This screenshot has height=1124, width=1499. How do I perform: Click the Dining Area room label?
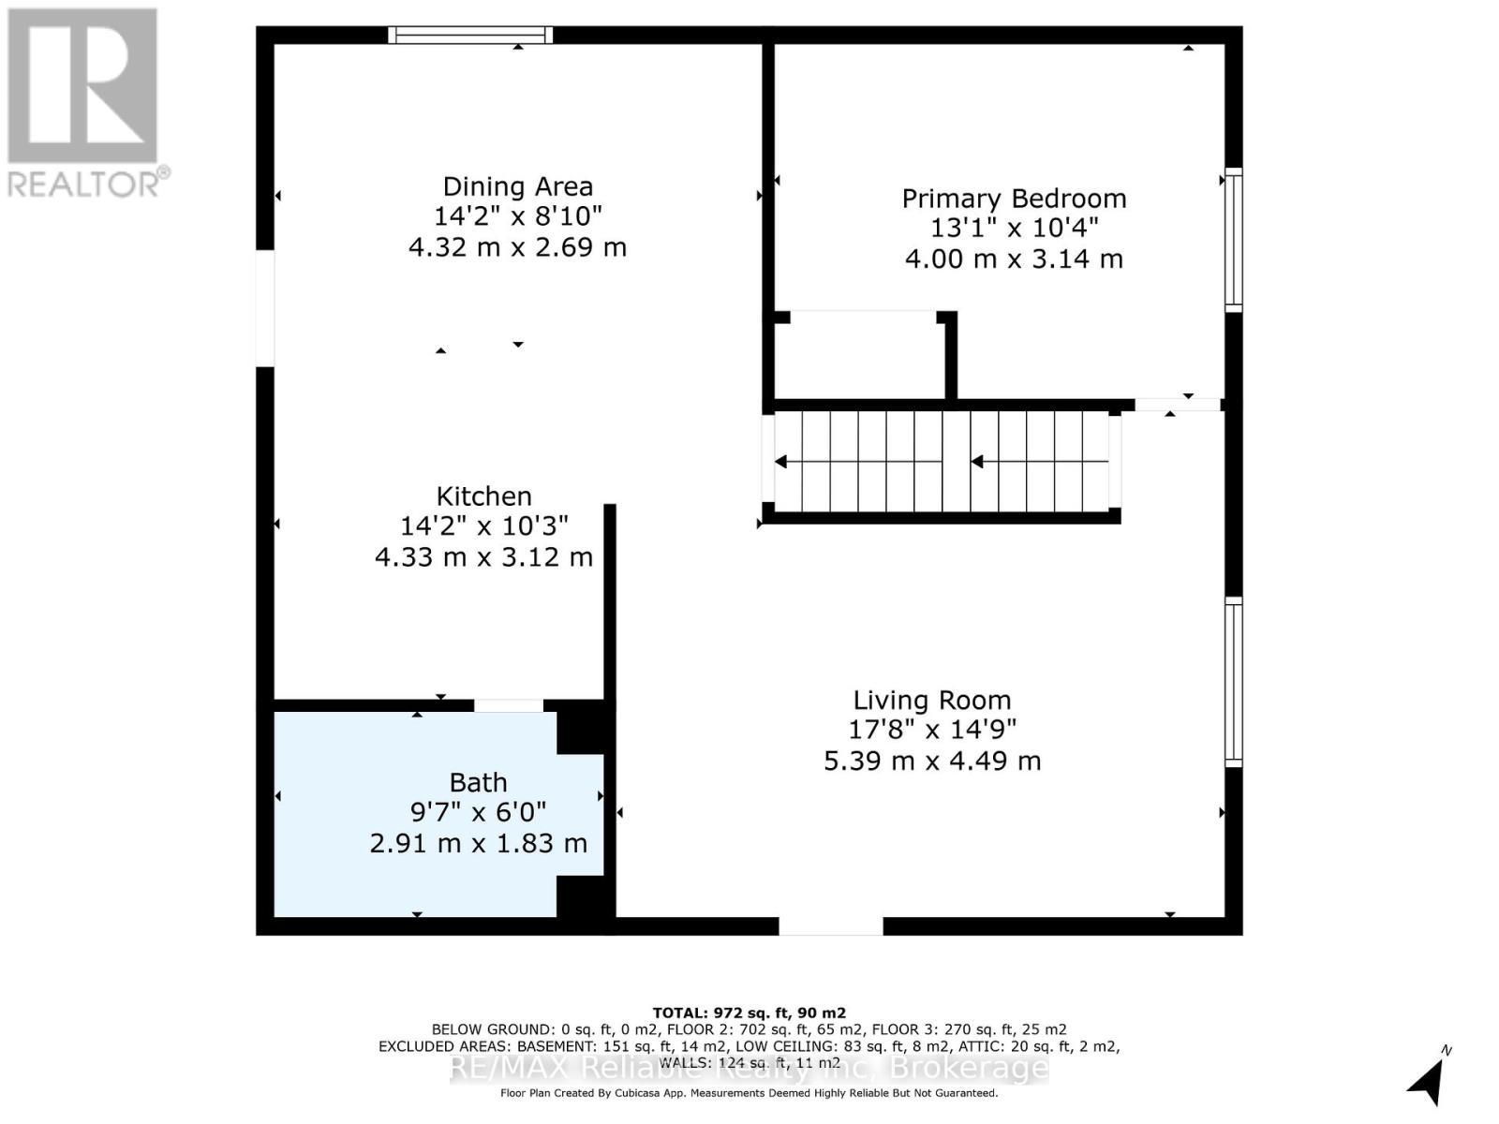[517, 186]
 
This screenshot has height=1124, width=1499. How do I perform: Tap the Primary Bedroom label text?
[1014, 199]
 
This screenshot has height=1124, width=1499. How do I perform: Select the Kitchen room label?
[483, 496]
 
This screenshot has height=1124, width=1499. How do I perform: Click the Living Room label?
[931, 700]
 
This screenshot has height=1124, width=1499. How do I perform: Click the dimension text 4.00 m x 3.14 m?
[1014, 259]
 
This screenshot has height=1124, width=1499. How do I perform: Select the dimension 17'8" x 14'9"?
[931, 729]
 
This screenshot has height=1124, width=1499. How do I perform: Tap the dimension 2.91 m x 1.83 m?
[478, 843]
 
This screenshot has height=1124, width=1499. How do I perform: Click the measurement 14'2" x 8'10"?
[517, 216]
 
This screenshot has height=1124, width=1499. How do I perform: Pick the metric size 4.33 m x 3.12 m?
[483, 557]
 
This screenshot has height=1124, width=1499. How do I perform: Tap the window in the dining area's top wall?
[470, 36]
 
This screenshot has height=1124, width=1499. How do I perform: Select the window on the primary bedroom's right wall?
[1234, 240]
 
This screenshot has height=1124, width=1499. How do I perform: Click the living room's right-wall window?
[1234, 682]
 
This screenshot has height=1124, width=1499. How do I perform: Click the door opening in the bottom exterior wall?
[830, 926]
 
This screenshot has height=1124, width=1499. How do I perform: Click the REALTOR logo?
[84, 103]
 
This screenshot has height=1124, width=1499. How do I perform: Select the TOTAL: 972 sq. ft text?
[749, 1013]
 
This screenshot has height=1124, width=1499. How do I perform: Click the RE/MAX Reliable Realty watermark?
[749, 1068]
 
